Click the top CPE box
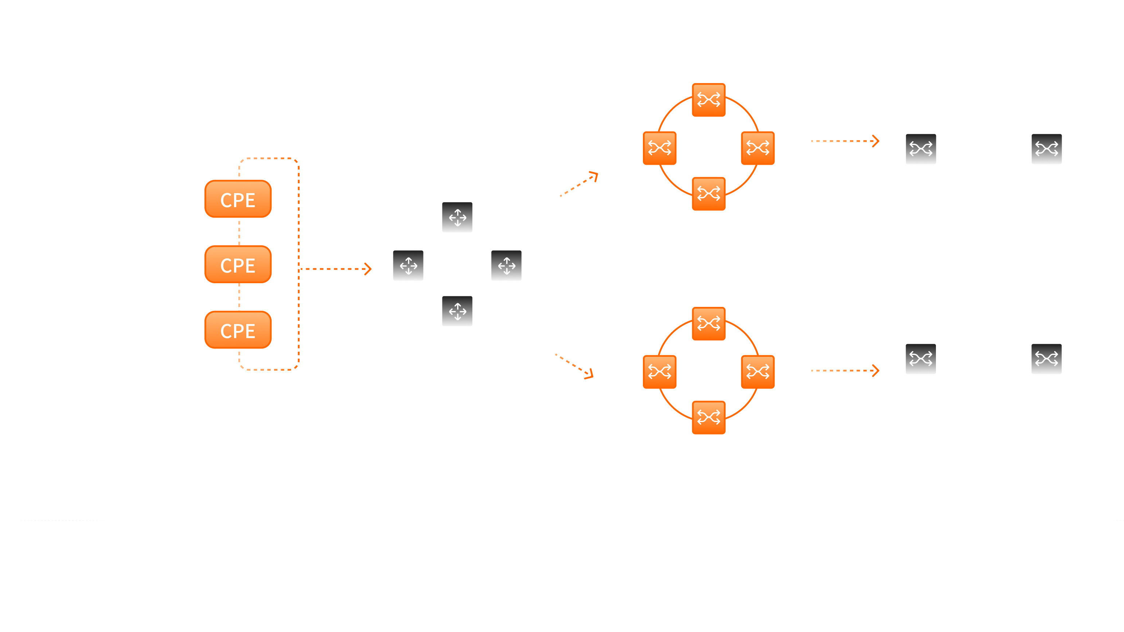tap(238, 199)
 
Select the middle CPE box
tap(238, 265)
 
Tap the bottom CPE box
tap(238, 330)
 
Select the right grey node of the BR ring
tap(506, 265)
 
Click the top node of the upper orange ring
tap(708, 100)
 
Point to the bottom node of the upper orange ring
tap(708, 193)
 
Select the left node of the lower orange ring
tap(659, 372)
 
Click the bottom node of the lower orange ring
tap(708, 417)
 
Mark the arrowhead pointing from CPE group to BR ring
tap(368, 269)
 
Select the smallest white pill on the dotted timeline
tap(188, 520)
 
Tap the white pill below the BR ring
tap(456, 520)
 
